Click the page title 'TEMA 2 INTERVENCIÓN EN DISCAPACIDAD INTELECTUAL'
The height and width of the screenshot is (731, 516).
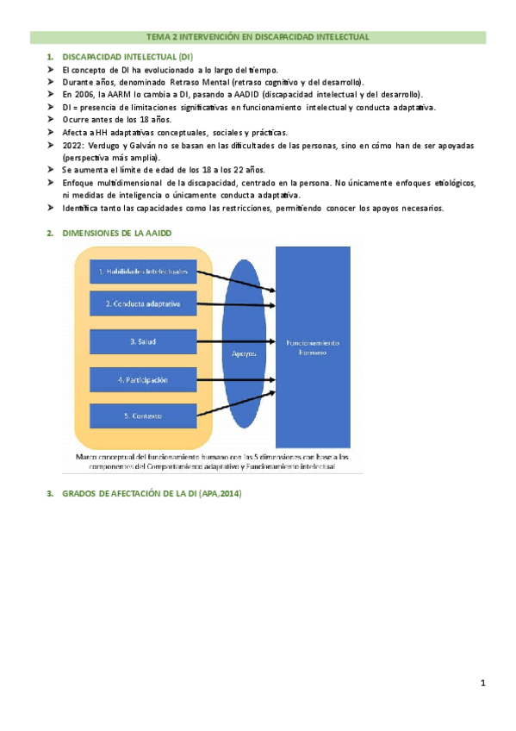258,37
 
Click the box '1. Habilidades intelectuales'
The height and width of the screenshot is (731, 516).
143,272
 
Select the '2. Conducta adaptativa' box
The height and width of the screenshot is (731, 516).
143,303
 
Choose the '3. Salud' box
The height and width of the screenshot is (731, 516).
143,342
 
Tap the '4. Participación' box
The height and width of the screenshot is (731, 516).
143,380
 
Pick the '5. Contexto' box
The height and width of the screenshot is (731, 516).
143,417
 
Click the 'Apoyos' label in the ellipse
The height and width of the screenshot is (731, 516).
245,353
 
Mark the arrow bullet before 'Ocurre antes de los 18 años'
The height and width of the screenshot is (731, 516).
53,120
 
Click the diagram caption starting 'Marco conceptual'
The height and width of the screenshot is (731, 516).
212,460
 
